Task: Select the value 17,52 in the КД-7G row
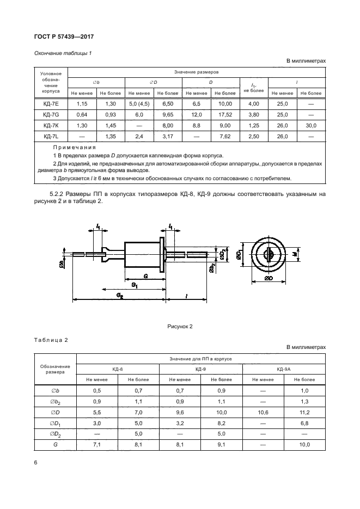click(224, 114)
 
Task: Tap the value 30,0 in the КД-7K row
click(311, 125)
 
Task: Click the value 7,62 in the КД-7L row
click(224, 136)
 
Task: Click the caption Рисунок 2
click(180, 327)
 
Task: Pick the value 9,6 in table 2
click(179, 412)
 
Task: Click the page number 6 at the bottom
click(35, 462)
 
